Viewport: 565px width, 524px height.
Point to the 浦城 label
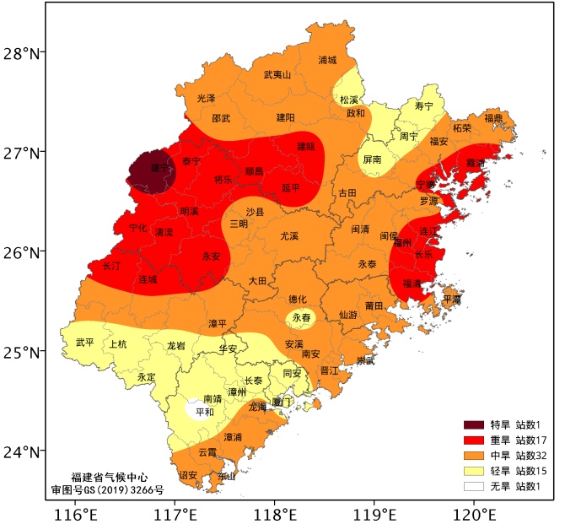[x=327, y=60]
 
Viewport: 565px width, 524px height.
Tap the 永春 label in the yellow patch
[x=301, y=319]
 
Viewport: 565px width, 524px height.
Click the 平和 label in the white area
[x=204, y=413]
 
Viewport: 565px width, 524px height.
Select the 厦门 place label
[x=282, y=402]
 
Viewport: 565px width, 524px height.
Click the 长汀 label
[x=111, y=265]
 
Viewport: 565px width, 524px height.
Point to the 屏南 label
[x=372, y=159]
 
